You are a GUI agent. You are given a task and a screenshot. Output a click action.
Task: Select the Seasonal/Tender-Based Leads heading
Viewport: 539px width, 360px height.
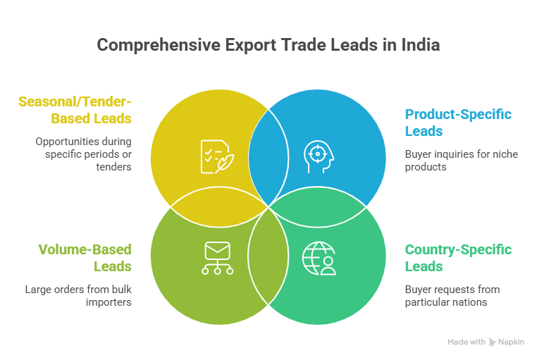pyautogui.click(x=75, y=109)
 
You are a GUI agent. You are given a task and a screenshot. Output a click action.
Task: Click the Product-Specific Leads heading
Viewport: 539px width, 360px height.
pyautogui.click(x=457, y=123)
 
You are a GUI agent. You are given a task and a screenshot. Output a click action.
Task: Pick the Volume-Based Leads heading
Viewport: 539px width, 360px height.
pyautogui.click(x=85, y=258)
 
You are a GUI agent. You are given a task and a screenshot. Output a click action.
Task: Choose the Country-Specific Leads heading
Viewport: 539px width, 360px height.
pyautogui.click(x=458, y=258)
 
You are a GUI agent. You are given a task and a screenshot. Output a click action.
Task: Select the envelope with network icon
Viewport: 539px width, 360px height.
pyautogui.click(x=217, y=257)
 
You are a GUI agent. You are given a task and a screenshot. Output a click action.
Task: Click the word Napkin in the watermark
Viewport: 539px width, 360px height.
pyautogui.click(x=513, y=342)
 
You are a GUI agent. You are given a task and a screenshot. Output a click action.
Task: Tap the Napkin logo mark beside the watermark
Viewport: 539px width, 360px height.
pyautogui.click(x=492, y=342)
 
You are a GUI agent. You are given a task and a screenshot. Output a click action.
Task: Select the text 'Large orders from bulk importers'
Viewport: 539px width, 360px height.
pyautogui.click(x=78, y=295)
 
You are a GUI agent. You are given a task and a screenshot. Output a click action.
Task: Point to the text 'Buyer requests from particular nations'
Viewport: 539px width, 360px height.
pyautogui.click(x=452, y=295)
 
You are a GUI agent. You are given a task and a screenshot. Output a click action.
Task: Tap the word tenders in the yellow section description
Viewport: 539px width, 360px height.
pyautogui.click(x=116, y=167)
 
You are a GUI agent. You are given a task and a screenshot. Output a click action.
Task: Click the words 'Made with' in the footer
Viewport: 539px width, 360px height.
pyautogui.click(x=466, y=342)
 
